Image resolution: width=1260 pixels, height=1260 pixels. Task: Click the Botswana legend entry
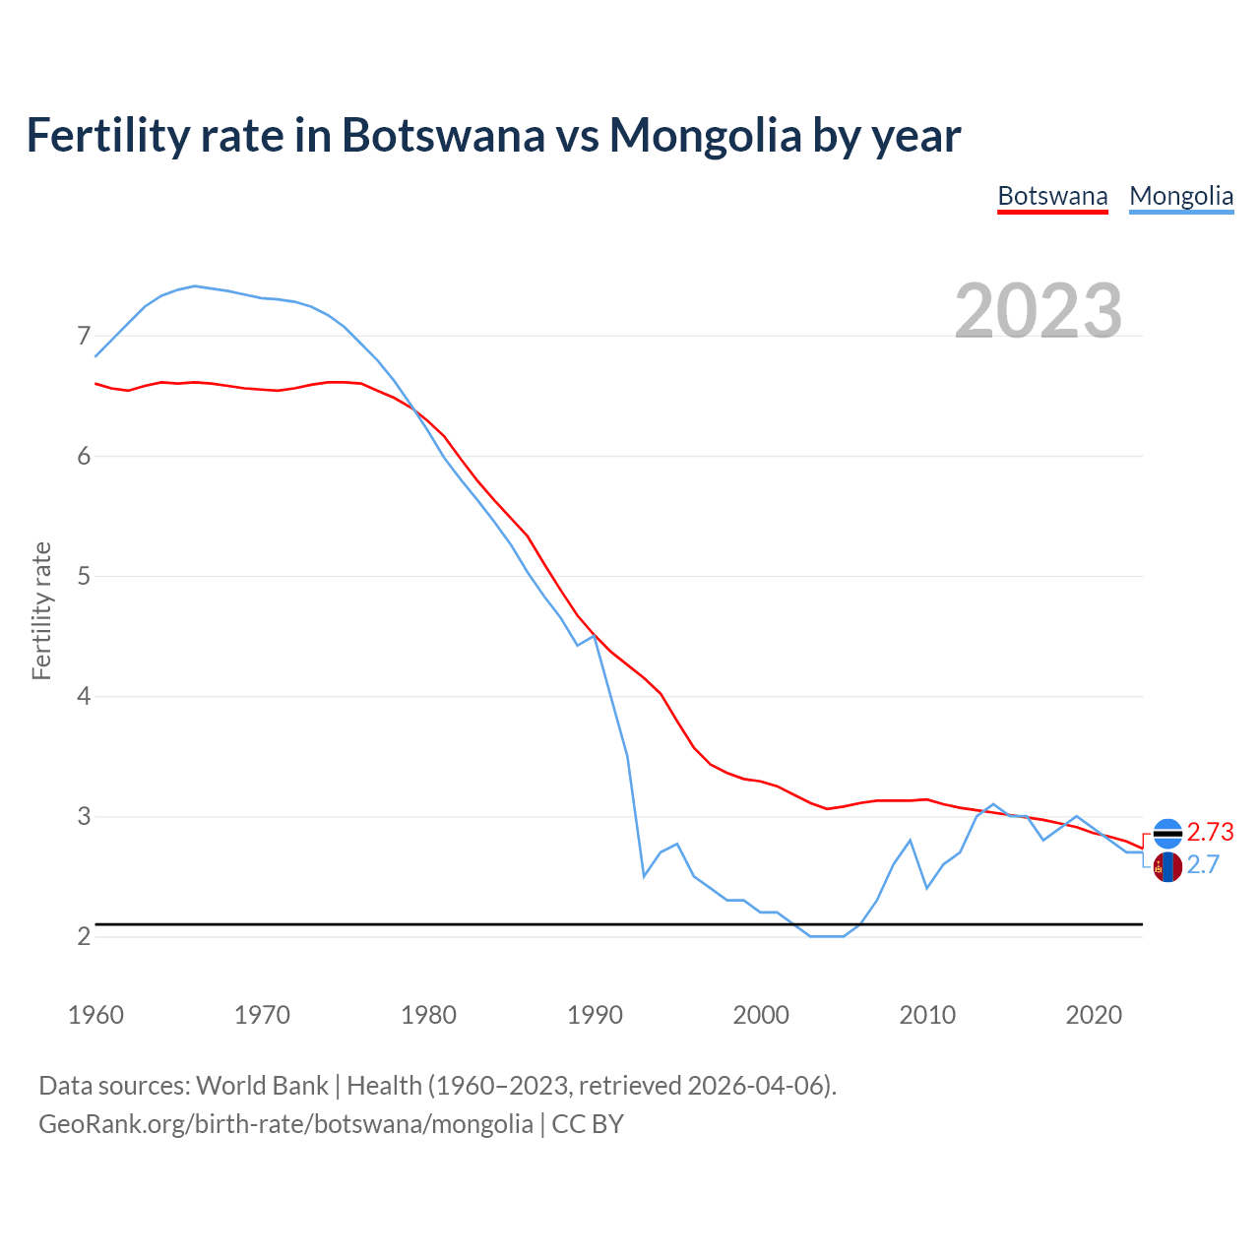tap(1052, 196)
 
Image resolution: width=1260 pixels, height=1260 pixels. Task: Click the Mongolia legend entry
tap(1181, 196)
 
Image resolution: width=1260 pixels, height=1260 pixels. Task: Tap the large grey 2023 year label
tap(1039, 311)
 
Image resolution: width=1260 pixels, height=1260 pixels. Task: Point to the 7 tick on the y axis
tap(84, 337)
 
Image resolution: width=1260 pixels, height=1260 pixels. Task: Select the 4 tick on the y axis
tap(84, 697)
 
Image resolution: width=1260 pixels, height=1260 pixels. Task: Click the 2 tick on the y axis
tap(84, 936)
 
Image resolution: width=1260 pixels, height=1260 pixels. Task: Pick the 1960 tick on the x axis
tap(95, 1015)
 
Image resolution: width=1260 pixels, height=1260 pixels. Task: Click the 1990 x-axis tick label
tap(595, 1015)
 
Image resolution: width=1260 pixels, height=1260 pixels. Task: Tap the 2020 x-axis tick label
tap(1094, 1015)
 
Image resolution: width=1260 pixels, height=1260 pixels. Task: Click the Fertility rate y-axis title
tap(41, 610)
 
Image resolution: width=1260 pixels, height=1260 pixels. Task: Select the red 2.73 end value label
tap(1210, 833)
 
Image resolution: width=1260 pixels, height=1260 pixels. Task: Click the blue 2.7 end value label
tap(1203, 865)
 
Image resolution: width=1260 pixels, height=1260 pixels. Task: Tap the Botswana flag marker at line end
tap(1167, 834)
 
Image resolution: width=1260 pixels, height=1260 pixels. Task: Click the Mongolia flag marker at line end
tap(1167, 867)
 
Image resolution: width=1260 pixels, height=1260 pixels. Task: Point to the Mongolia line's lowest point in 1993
tap(644, 875)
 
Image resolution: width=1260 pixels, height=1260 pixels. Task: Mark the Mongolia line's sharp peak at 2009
tap(911, 840)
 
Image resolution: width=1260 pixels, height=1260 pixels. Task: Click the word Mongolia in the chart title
tap(705, 135)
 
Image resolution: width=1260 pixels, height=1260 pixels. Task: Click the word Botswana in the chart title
tap(443, 135)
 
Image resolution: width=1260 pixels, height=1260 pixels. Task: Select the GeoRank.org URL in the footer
tap(285, 1124)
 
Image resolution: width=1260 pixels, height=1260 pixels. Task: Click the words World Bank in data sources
tap(262, 1086)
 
